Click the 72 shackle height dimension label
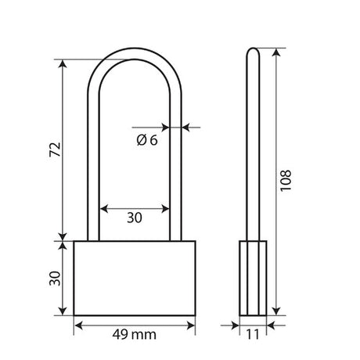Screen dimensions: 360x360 [55, 149]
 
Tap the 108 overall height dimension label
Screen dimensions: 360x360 [286, 181]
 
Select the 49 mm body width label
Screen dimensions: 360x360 [135, 334]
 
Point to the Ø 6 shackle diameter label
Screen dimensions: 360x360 [147, 140]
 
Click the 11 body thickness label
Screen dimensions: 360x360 [253, 334]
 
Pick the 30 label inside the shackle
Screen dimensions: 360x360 [135, 218]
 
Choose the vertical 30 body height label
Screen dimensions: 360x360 [55, 279]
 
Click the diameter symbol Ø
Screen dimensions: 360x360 [142, 140]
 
